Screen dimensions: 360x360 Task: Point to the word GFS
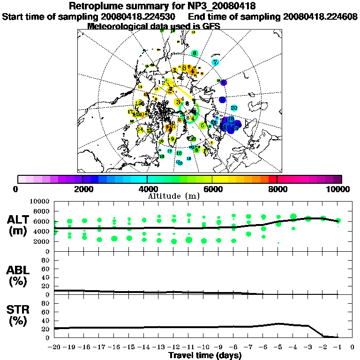[x=210, y=26]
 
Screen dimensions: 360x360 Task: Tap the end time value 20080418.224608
[x=320, y=16]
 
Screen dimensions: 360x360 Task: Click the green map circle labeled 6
[x=195, y=53]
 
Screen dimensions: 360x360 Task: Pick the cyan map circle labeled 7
[x=215, y=62]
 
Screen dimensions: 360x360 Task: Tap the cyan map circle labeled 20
[x=234, y=108]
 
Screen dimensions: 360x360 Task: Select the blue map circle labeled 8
[x=222, y=99]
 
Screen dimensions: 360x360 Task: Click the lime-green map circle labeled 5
[x=202, y=125]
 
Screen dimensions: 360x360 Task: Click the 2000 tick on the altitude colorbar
[x=82, y=179]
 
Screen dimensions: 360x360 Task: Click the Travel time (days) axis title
[x=204, y=356]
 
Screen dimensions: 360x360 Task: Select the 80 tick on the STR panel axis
[x=46, y=303]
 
